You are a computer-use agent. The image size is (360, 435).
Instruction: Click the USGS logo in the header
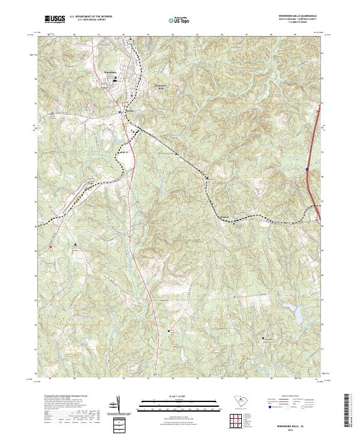pos(55,19)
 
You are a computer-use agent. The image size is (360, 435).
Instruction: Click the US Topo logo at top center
pos(180,20)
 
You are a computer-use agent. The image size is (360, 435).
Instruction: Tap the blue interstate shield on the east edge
pos(307,170)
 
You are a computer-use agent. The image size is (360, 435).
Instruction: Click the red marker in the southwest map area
pos(51,247)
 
